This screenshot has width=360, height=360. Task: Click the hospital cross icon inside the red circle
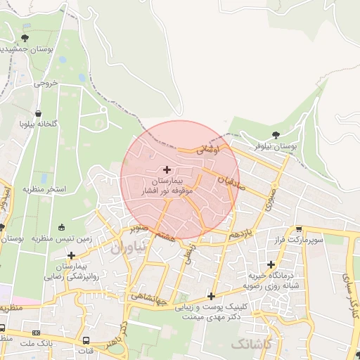click(x=167, y=169)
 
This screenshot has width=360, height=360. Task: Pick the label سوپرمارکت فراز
click(x=300, y=240)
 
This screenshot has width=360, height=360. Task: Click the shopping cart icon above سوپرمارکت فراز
click(x=299, y=229)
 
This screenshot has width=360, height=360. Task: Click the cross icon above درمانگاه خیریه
click(x=270, y=264)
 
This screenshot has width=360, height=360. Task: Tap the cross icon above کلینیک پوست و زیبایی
click(x=210, y=297)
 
